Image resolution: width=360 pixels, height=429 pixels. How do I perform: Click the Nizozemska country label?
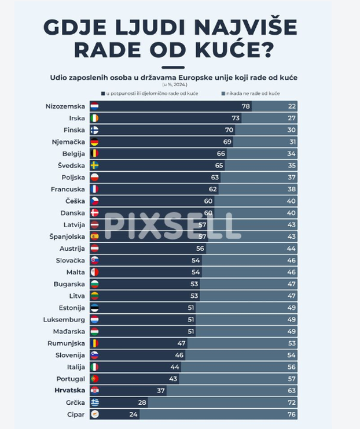point(65,106)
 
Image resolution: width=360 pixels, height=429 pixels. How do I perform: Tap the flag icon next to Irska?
point(94,118)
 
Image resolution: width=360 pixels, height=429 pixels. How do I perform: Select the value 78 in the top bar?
point(245,106)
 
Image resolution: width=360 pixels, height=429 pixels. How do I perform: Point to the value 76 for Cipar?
point(292,415)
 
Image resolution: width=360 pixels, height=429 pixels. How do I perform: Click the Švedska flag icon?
point(94,165)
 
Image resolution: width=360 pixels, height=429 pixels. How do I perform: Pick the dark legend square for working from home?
point(102,93)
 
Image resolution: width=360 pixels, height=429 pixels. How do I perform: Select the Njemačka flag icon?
point(94,142)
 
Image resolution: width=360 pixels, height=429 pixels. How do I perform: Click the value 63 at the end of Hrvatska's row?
point(292,390)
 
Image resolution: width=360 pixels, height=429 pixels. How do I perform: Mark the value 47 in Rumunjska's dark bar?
point(181,343)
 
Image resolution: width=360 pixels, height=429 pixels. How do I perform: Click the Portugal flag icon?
point(94,379)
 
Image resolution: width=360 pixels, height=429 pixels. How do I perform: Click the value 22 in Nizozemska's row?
point(292,106)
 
